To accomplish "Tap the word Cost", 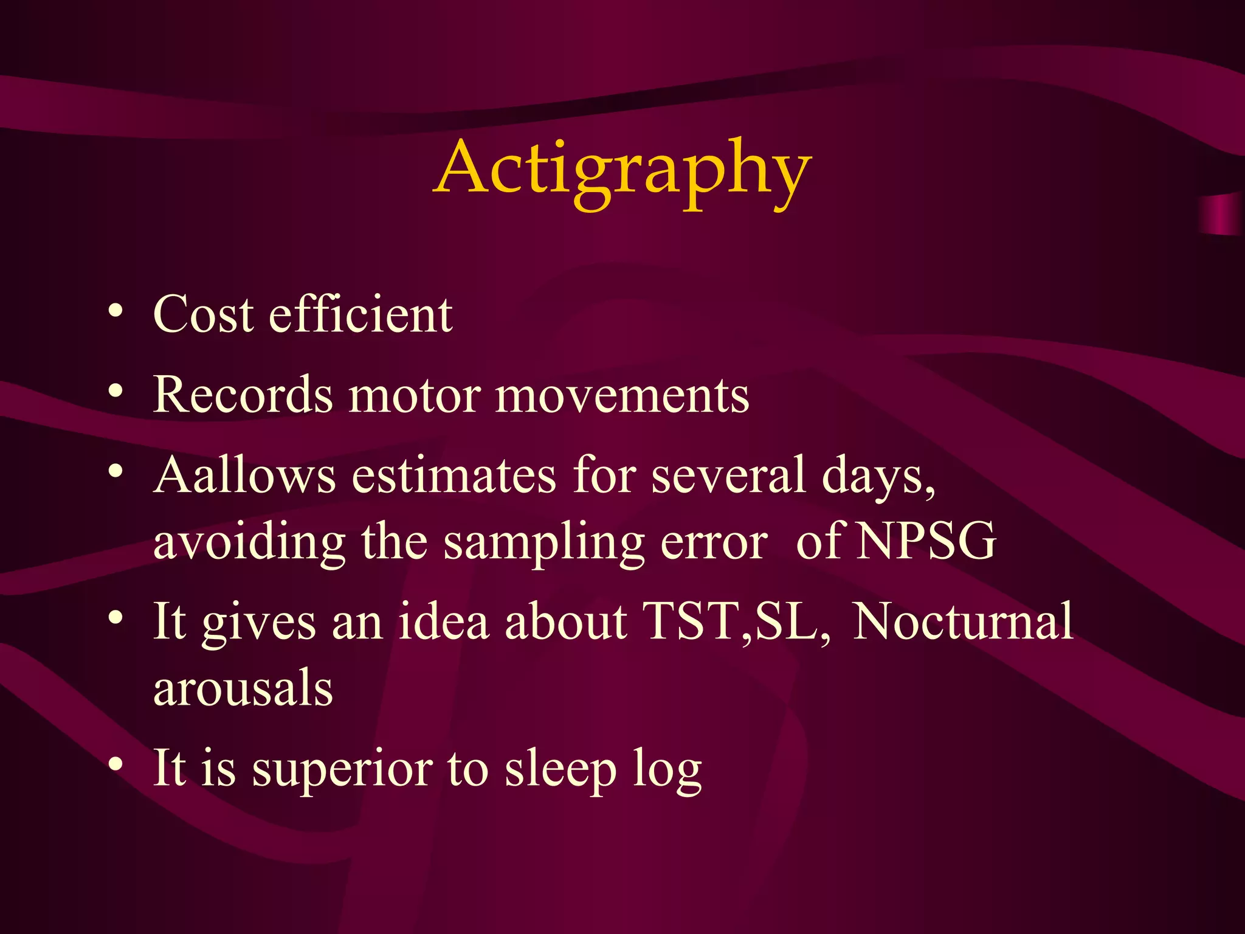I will tap(203, 314).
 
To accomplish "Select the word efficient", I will tap(360, 314).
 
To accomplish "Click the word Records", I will tap(243, 395).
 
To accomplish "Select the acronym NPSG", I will tap(926, 541).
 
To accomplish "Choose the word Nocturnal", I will tap(963, 621).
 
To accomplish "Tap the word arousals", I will tap(243, 688).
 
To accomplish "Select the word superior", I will tap(342, 769).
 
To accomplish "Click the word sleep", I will tap(560, 769).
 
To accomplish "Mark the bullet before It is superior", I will tap(116, 763).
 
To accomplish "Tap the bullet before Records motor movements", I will tap(116, 391).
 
